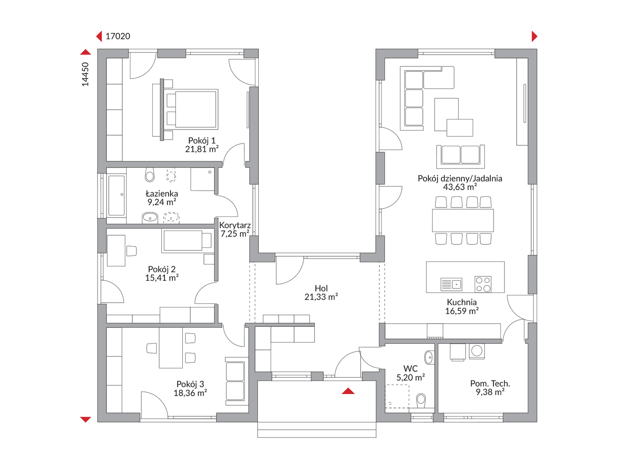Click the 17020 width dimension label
118,36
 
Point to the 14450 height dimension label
85,74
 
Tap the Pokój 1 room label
201,141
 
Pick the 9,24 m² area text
162,202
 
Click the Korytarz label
235,225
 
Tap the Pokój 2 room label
162,269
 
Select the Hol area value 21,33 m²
321,297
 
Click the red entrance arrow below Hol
348,391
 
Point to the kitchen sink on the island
452,284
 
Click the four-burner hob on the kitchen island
483,284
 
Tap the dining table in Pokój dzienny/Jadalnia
463,221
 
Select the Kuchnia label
462,302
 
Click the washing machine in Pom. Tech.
476,351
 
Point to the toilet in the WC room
421,400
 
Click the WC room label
411,369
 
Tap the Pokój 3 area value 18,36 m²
190,393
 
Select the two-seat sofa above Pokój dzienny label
461,156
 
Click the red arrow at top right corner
535,37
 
